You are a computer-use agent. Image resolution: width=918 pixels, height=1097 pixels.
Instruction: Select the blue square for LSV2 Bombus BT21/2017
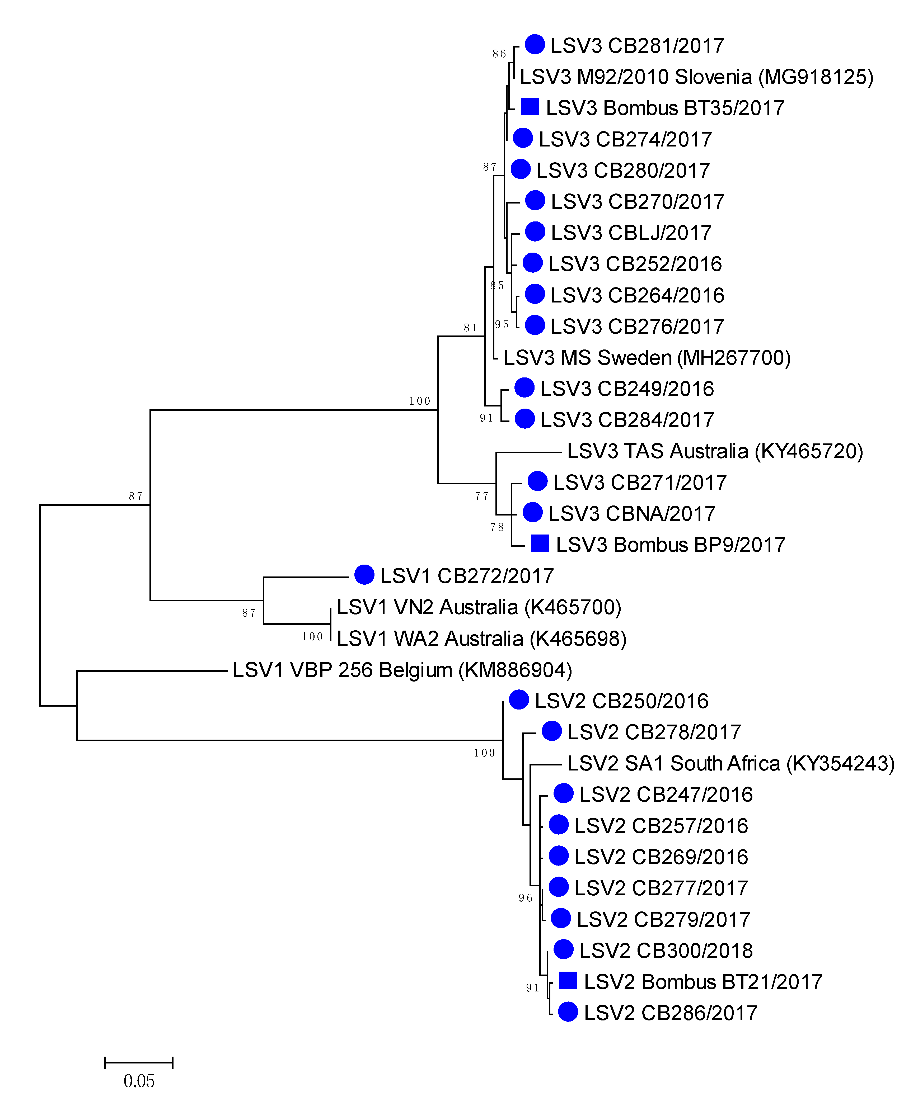click(568, 981)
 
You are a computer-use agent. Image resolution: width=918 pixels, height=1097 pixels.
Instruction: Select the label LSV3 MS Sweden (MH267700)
click(647, 358)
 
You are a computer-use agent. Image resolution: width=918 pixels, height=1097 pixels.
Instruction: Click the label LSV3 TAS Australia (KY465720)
click(715, 451)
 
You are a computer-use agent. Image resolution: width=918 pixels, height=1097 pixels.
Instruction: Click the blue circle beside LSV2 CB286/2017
click(568, 1012)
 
